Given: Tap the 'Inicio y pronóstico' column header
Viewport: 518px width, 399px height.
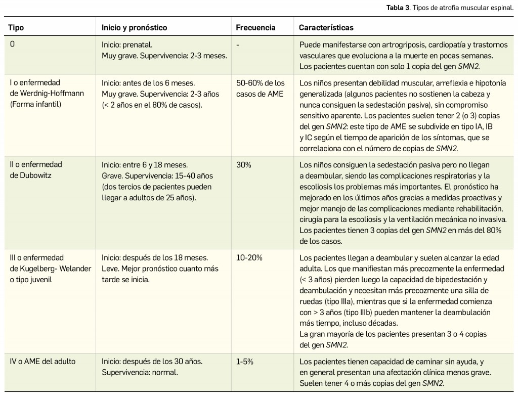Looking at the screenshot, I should point(134,27).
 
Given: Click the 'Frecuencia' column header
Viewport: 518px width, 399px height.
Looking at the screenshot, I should point(256,27).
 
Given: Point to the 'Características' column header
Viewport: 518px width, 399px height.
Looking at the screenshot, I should point(326,27).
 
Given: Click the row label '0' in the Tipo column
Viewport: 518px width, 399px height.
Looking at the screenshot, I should point(12,44).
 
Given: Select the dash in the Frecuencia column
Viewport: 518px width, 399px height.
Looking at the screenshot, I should point(237,44).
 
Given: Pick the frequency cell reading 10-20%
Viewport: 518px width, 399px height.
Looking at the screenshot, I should point(249,257).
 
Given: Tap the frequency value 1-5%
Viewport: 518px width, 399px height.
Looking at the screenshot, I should point(245,362).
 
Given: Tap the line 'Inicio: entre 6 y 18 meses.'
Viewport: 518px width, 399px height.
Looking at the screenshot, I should point(145,165).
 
